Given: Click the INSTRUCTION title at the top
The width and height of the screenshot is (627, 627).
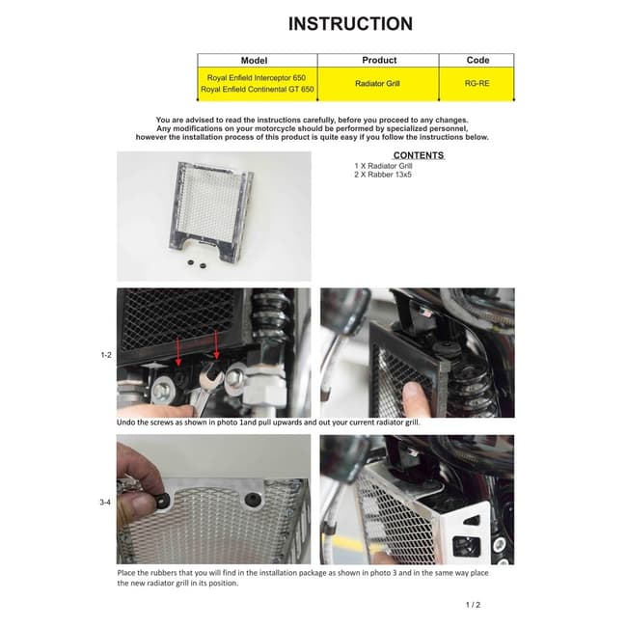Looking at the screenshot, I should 350,24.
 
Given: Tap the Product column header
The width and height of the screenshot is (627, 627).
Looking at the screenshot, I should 378,60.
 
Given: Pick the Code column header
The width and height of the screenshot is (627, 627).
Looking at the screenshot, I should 477,60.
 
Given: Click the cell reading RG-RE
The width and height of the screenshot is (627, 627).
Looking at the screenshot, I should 477,84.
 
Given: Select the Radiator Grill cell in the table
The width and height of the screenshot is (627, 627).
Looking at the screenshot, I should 378,84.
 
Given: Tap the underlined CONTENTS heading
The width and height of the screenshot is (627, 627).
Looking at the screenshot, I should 419,155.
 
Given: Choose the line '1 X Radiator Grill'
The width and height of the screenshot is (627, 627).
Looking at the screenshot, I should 384,166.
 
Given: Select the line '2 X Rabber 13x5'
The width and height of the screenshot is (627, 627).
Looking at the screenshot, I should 383,175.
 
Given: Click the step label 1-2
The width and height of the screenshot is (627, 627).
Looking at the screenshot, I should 107,356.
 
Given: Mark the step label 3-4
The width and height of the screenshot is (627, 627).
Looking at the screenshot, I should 107,502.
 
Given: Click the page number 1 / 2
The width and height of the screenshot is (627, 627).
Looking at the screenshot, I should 473,605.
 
